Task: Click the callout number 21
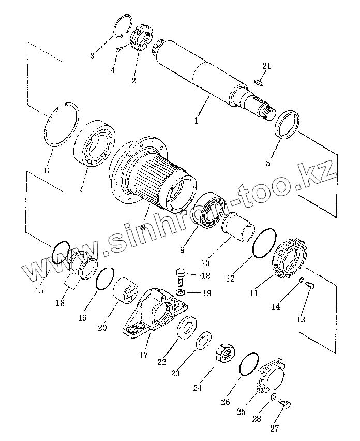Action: [x=266, y=66]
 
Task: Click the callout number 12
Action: [x=230, y=278]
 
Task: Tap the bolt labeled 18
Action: [x=181, y=276]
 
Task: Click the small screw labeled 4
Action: [x=118, y=49]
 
